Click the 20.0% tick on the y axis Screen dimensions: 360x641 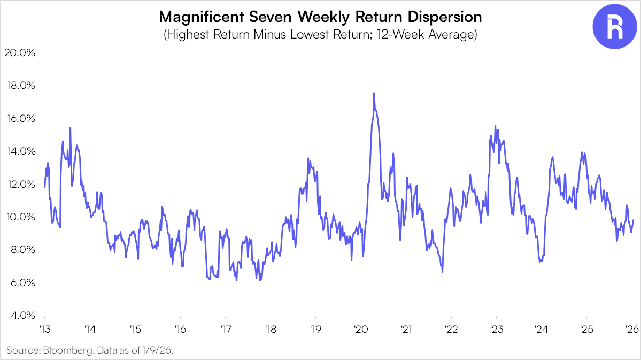click(20, 53)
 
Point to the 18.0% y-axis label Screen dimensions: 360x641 click(20, 86)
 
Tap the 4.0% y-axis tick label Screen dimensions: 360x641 click(20, 316)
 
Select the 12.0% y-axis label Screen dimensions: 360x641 click(20, 184)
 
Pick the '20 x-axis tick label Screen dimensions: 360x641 click(360, 329)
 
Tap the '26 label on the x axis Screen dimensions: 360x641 click(632, 329)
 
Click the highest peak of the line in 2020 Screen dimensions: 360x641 click(374, 93)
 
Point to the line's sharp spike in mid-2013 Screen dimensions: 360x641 click(70, 128)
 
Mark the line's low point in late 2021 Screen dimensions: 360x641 click(442, 272)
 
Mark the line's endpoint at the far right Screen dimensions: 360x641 click(633, 220)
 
